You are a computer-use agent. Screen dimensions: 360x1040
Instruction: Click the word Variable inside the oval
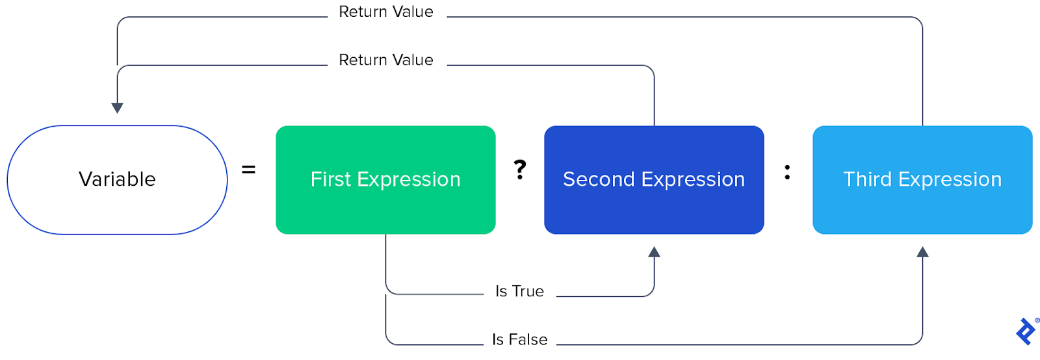pos(117,179)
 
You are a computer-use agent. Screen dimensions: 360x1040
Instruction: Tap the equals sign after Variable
pos(248,170)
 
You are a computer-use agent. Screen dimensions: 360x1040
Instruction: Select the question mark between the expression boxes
pos(520,170)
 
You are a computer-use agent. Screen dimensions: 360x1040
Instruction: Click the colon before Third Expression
pos(787,172)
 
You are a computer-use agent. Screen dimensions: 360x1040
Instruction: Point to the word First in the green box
pos(330,179)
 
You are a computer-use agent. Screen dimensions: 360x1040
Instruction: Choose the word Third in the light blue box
pos(867,179)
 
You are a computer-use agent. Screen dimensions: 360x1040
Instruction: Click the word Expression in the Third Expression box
pos(959,179)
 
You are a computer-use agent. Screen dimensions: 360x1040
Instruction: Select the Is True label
pos(519,291)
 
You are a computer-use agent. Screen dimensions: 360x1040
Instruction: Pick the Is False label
pos(519,339)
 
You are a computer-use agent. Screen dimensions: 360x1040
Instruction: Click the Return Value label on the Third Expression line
pos(386,12)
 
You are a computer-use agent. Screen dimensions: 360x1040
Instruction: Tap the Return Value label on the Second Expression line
pos(386,60)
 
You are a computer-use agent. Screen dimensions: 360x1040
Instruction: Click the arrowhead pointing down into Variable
pos(117,108)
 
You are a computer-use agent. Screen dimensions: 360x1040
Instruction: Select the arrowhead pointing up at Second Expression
pos(654,252)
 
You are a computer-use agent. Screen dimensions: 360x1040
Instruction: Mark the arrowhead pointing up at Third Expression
pos(922,252)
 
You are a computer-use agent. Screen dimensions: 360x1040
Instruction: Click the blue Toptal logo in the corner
pos(1026,331)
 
